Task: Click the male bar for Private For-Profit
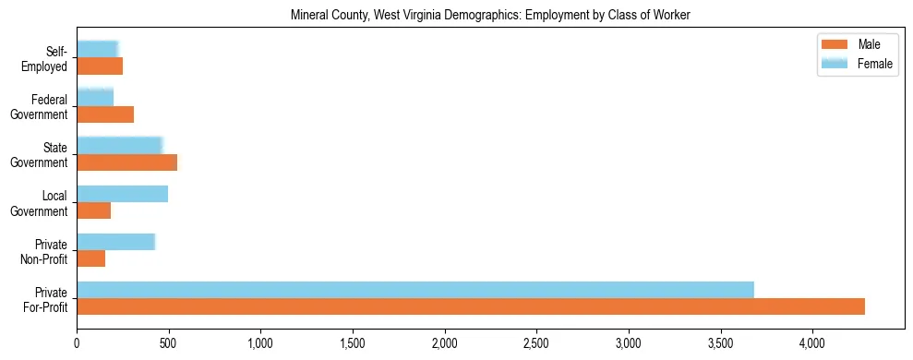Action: (471, 306)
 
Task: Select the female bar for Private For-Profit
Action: (415, 290)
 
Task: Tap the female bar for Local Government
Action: (123, 194)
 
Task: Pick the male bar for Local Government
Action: (94, 210)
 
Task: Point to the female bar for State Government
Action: (120, 146)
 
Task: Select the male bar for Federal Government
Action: (105, 114)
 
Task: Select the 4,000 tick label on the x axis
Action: (811, 343)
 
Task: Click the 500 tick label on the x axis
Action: (169, 343)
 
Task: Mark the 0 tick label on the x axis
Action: (78, 343)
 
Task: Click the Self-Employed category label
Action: (50, 58)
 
